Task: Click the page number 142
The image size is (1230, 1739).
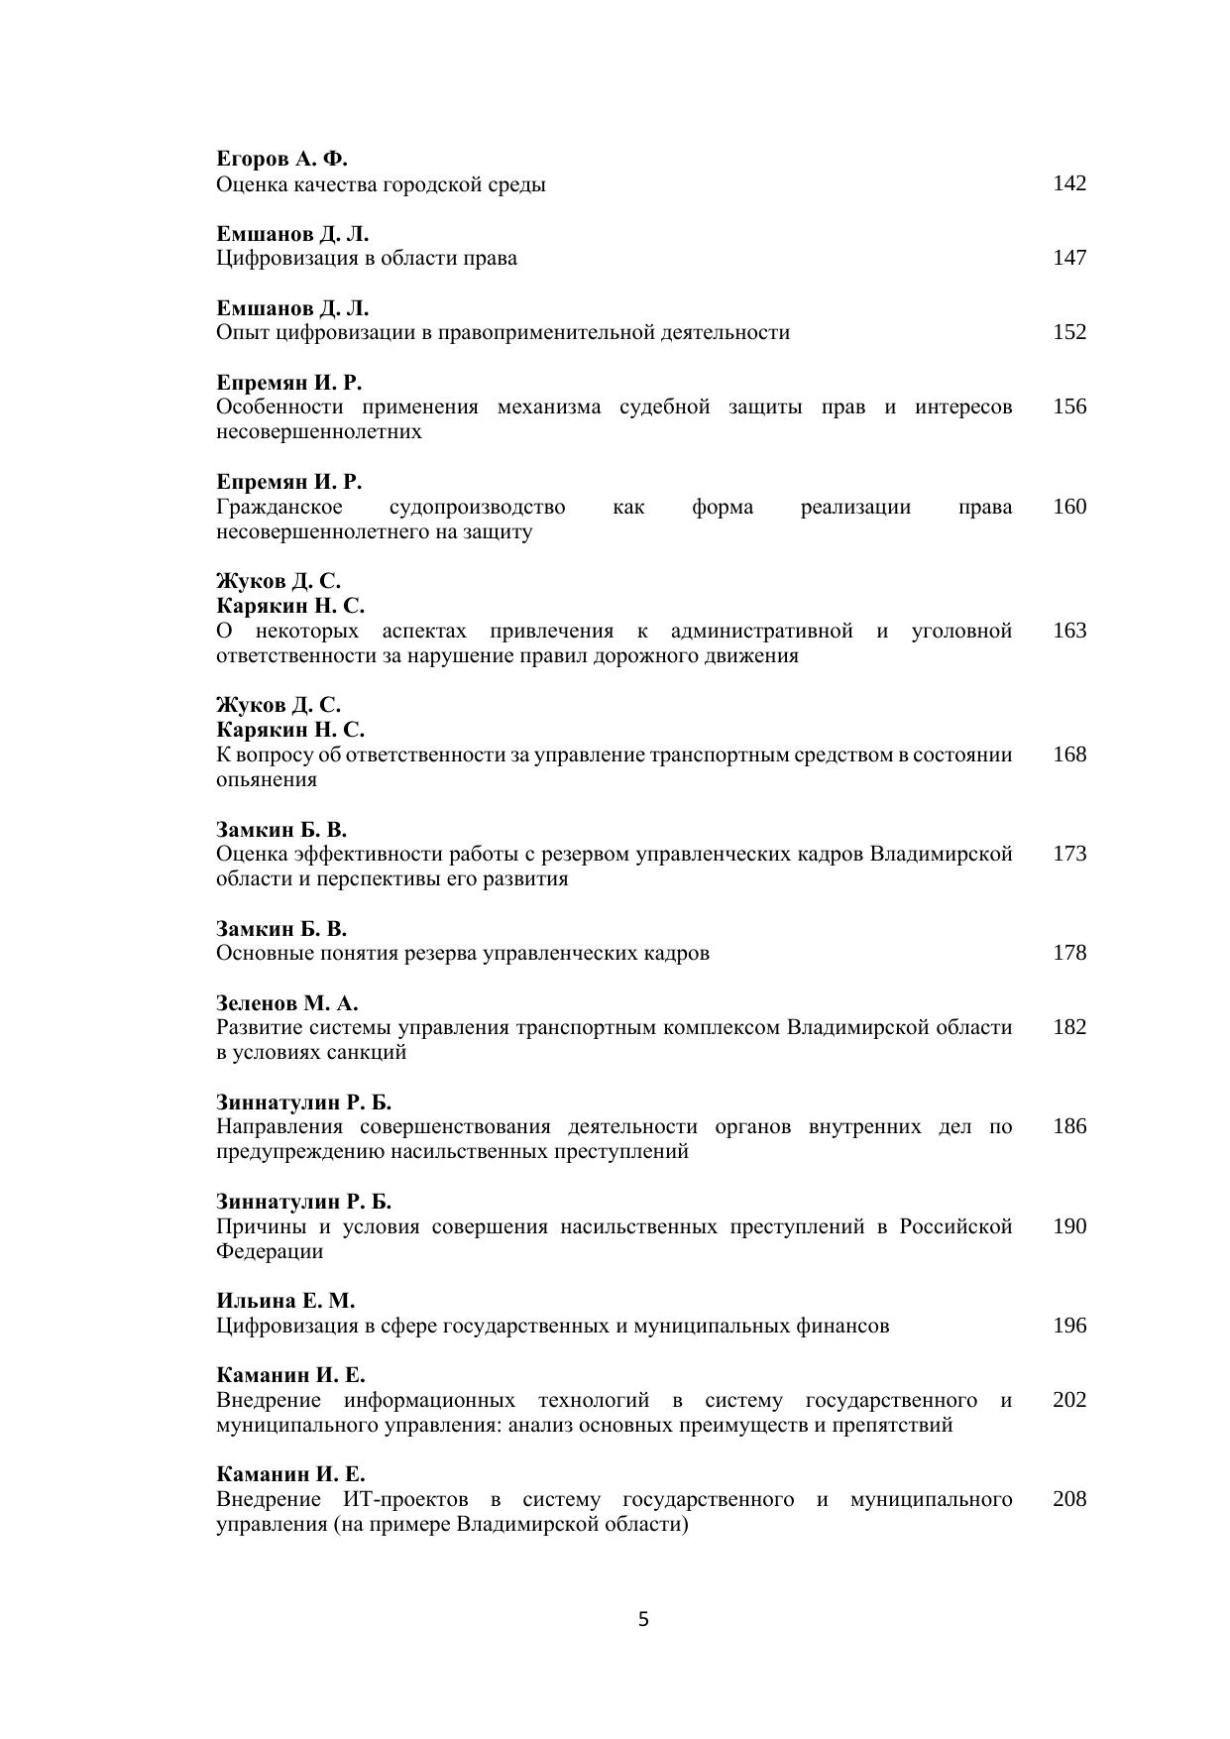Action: point(1068,183)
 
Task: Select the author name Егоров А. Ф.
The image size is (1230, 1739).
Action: point(281,159)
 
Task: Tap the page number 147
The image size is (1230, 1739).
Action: point(1068,258)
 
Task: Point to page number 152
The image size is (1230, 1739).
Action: point(1068,332)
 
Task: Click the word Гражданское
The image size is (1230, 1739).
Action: point(280,508)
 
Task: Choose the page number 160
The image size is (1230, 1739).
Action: point(1068,507)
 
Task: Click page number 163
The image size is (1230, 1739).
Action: point(1068,631)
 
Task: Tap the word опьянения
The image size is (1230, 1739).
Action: point(267,780)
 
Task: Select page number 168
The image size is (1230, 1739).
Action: point(1068,754)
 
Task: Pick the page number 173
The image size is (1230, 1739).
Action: point(1068,854)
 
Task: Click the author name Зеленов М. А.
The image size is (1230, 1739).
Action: point(286,1002)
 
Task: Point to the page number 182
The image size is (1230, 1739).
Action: point(1068,1027)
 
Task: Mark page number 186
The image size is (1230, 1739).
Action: point(1068,1126)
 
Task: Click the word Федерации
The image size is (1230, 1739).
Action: point(270,1251)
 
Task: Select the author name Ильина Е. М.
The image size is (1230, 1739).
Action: point(285,1301)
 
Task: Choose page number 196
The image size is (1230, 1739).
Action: point(1068,1326)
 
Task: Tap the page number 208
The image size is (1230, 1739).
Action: point(1068,1499)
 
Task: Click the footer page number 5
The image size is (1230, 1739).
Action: point(643,1620)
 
